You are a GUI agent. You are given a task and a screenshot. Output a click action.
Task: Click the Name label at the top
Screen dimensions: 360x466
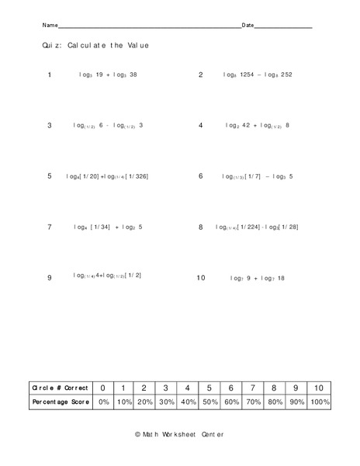(50, 26)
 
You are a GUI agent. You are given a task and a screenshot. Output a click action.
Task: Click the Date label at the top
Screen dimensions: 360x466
(248, 26)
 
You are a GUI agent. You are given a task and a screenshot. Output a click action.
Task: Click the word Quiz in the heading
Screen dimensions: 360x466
(51, 46)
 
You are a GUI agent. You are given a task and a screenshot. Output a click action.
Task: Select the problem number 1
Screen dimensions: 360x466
(50, 75)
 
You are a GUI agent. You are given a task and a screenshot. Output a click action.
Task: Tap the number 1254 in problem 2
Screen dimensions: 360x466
(247, 75)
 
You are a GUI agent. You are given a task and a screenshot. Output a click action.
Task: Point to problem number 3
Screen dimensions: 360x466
(50, 125)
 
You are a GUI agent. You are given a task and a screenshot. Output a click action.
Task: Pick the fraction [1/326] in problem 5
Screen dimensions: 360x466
(137, 176)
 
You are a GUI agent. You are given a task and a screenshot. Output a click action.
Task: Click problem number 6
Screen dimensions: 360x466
(200, 176)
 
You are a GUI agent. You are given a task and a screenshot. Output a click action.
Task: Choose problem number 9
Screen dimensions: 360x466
(50, 277)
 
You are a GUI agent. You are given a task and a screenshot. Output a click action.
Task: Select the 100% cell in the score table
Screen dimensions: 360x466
(319, 402)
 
